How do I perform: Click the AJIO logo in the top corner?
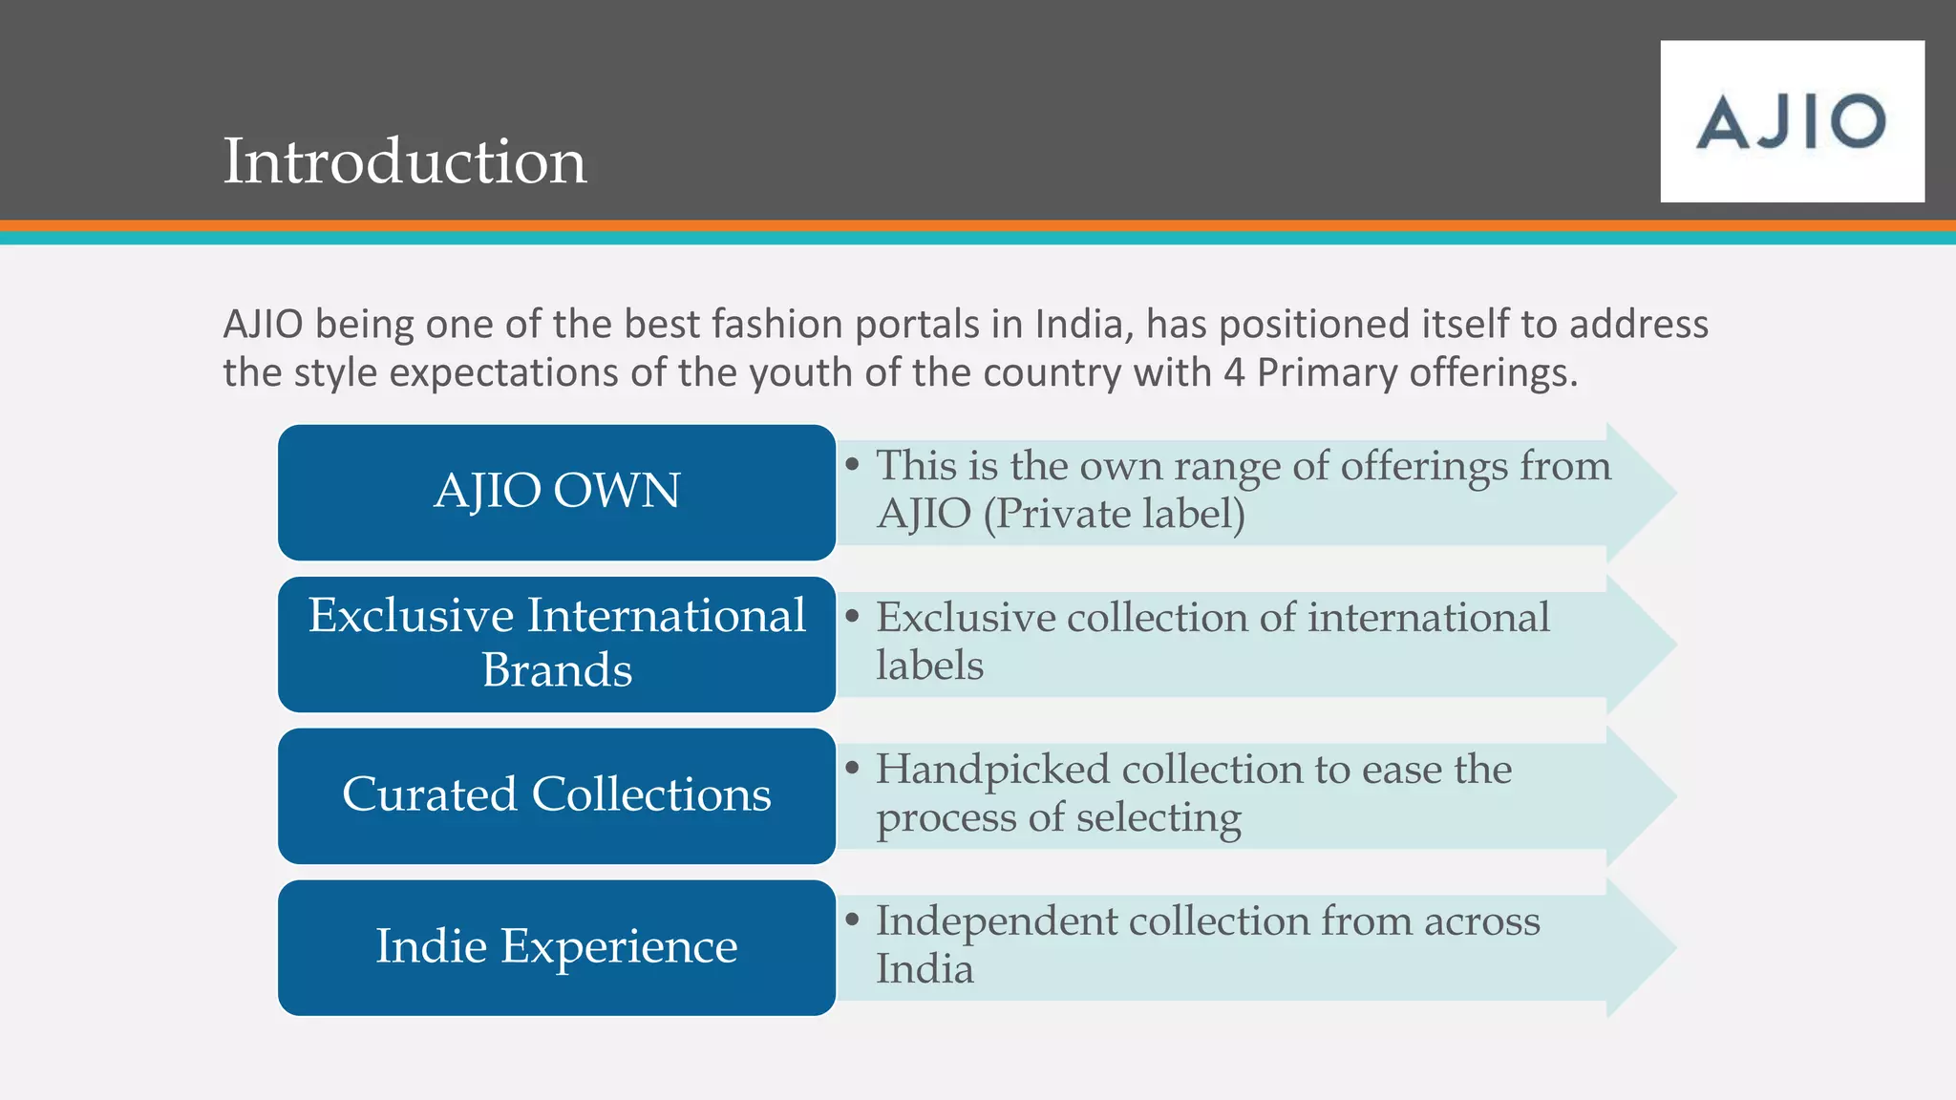click(1792, 121)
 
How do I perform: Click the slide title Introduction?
click(404, 160)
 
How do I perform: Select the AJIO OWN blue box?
click(557, 492)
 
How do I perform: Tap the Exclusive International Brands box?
click(557, 644)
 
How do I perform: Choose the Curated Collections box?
click(557, 795)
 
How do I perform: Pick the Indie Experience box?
click(557, 947)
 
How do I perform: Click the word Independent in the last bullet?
click(995, 921)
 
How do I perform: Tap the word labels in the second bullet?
click(929, 666)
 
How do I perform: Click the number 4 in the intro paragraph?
click(1234, 372)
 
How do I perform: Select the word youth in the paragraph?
click(801, 372)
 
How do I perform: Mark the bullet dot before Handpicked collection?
click(853, 768)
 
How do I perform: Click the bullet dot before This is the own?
click(853, 464)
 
